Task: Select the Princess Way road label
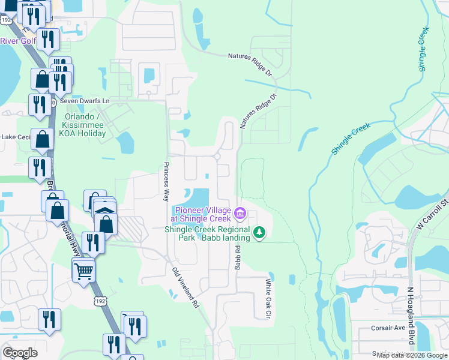pyautogui.click(x=167, y=181)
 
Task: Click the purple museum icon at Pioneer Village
pyautogui.click(x=240, y=213)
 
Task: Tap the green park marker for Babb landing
pyautogui.click(x=259, y=232)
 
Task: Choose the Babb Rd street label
pyautogui.click(x=238, y=256)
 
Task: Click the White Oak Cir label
pyautogui.click(x=269, y=298)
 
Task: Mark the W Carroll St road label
pyautogui.click(x=435, y=214)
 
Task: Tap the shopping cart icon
pyautogui.click(x=83, y=271)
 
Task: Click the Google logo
pyautogui.click(x=20, y=353)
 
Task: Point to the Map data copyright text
pyautogui.click(x=412, y=356)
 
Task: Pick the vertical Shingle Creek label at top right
pyautogui.click(x=424, y=49)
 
